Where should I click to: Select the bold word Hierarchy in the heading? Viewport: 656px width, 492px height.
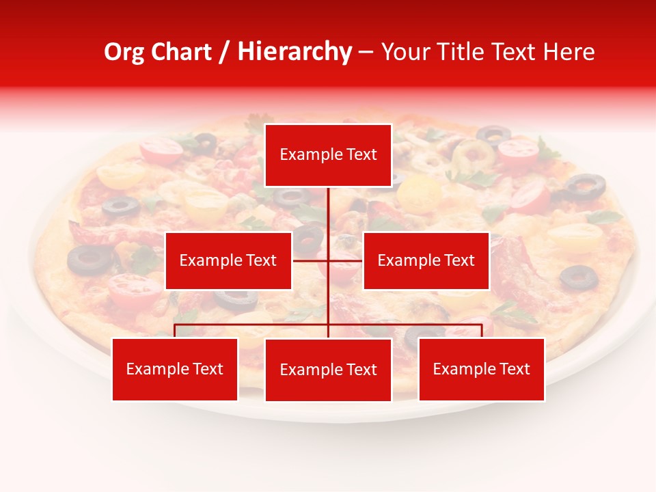coord(294,52)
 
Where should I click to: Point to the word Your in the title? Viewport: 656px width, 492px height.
coord(402,52)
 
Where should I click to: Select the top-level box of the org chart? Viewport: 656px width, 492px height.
coord(328,155)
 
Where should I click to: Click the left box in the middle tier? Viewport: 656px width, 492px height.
coord(228,260)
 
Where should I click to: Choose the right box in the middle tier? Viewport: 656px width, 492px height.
coord(426,260)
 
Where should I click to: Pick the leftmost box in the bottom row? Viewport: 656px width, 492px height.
coord(175,369)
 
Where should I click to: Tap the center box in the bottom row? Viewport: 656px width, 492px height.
coord(328,370)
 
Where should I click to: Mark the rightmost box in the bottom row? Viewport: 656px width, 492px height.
coord(482,369)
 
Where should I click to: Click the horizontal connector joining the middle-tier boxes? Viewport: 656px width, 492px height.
coord(311,260)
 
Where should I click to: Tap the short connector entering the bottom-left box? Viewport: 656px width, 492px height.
coord(175,331)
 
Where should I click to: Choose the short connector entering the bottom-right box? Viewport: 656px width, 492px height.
coord(482,331)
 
